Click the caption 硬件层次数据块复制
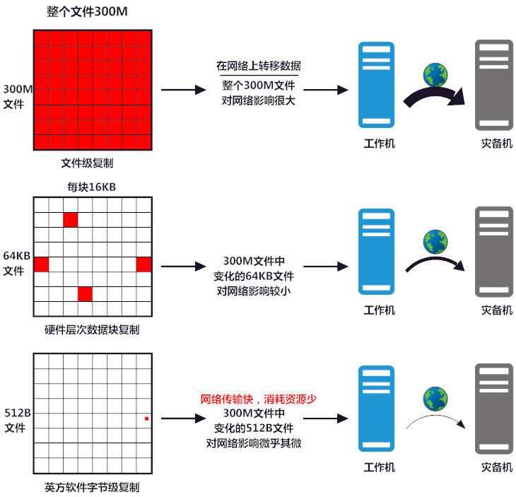point(92,329)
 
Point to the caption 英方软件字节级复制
point(92,487)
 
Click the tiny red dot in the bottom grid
point(146,419)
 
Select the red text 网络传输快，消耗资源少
point(258,399)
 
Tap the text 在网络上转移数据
point(258,66)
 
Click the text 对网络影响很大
point(258,100)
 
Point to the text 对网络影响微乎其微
point(258,443)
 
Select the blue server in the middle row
point(375,252)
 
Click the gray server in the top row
point(493,83)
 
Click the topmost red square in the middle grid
point(70,220)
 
